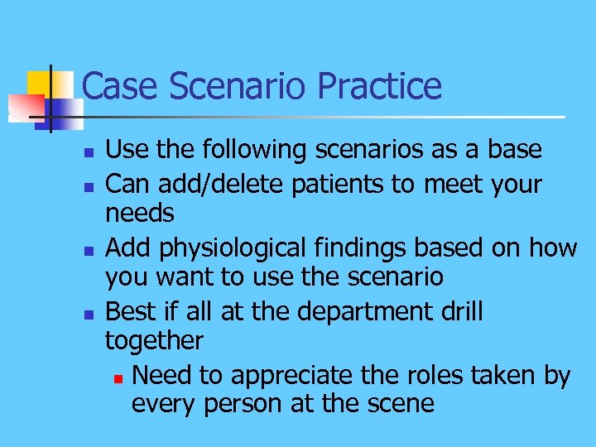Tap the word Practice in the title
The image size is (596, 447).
(379, 86)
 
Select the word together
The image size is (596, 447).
(154, 341)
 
